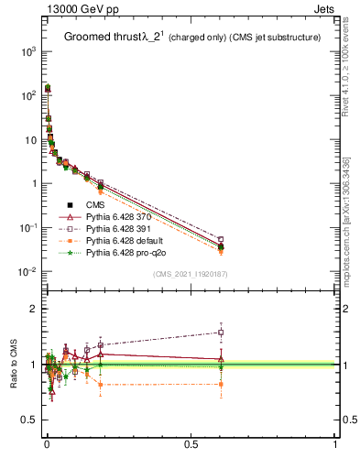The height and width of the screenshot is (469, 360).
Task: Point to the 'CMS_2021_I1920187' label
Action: [190, 274]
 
